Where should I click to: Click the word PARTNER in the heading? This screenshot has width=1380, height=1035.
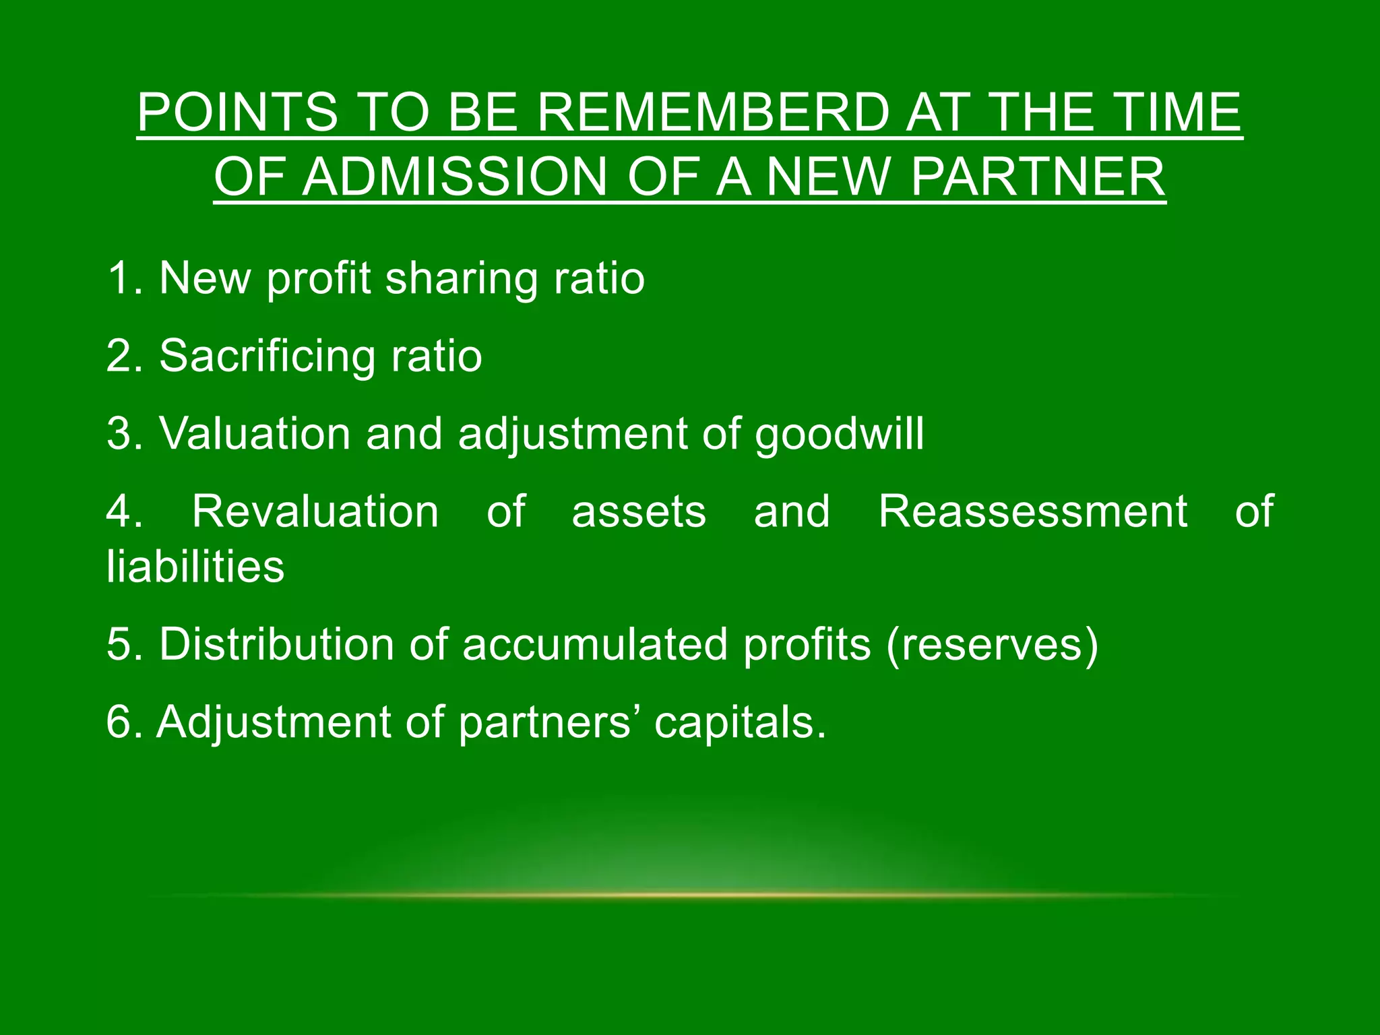click(1038, 177)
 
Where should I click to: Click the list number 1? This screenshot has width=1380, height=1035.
click(122, 278)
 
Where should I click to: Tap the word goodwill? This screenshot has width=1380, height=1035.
click(839, 434)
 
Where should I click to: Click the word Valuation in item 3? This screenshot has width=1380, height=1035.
click(255, 433)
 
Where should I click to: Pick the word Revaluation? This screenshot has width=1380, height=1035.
click(315, 511)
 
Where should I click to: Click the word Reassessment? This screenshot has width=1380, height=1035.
click(1032, 511)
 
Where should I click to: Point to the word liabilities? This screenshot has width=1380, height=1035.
click(195, 566)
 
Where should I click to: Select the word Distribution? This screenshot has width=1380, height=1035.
click(276, 644)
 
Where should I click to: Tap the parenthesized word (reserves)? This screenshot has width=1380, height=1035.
click(992, 646)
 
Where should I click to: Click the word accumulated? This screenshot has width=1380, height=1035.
click(595, 644)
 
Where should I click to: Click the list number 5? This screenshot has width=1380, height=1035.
click(122, 644)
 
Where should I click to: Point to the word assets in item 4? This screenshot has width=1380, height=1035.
click(639, 512)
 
